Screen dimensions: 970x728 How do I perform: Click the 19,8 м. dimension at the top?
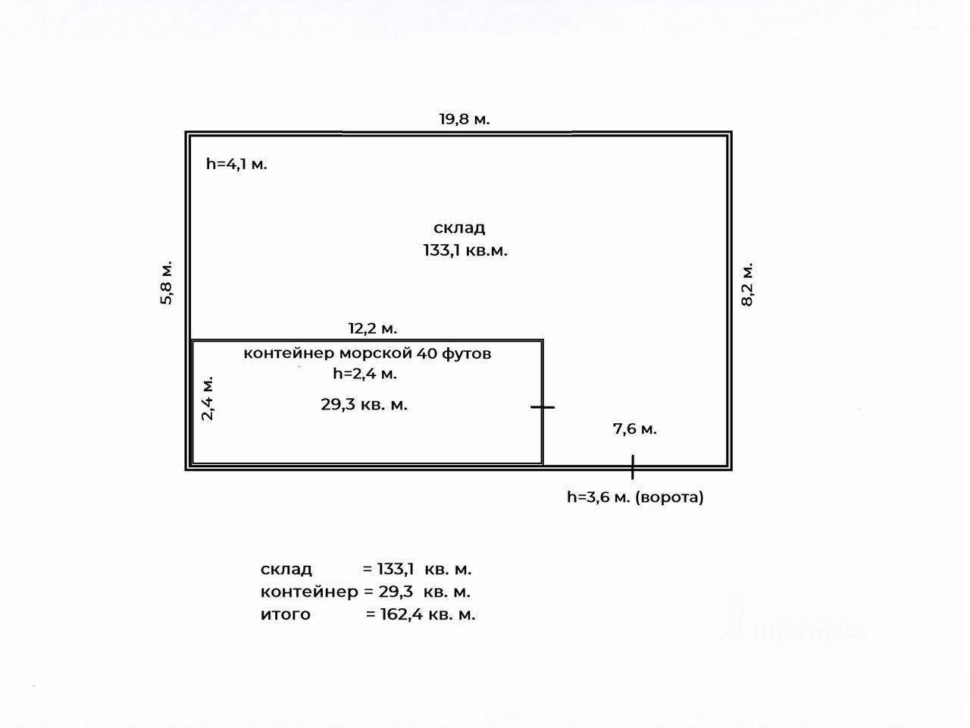pos(465,119)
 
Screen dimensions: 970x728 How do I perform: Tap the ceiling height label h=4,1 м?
pos(236,164)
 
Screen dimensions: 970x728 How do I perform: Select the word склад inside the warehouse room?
pos(459,227)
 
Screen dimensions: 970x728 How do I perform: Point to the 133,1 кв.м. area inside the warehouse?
pos(465,250)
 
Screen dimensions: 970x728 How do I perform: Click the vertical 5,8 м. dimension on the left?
pos(167,283)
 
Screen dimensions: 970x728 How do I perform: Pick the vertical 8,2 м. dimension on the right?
pos(747,284)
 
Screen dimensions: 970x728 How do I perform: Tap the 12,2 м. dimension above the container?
pos(373,328)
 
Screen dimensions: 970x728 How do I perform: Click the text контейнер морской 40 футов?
pos(367,353)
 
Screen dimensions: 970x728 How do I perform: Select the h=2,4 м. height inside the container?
pos(365,373)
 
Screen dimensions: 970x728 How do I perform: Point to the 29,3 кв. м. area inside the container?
pos(364,405)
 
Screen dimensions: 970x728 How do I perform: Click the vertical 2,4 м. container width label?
pos(208,397)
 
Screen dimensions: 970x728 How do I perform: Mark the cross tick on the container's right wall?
pos(543,407)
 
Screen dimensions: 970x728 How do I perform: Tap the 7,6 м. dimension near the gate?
pos(634,429)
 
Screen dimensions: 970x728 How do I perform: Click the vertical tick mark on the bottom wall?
pos(632,467)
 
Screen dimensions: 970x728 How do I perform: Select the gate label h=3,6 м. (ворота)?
pos(635,497)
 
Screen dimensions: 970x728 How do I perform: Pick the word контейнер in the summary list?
pos(308,591)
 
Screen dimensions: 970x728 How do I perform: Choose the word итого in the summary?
pos(286,614)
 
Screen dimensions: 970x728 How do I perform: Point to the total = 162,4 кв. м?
pos(421,614)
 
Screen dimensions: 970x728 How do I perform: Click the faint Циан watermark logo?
pos(792,626)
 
